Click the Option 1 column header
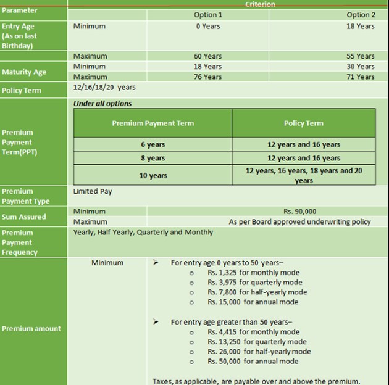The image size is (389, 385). [x=206, y=15]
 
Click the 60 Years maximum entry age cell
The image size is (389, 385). [x=207, y=56]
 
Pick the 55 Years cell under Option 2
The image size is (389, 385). [x=361, y=56]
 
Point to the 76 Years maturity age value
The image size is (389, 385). [x=207, y=77]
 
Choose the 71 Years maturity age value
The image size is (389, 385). [x=361, y=77]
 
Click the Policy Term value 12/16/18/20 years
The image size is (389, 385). [x=104, y=88]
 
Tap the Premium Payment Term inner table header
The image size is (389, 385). [x=153, y=123]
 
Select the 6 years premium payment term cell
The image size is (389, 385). [x=153, y=144]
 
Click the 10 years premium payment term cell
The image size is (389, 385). [x=153, y=175]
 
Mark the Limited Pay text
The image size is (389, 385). [x=93, y=191]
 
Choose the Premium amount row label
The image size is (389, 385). [x=30, y=328]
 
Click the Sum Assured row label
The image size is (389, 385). [x=24, y=217]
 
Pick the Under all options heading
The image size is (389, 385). [x=102, y=103]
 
